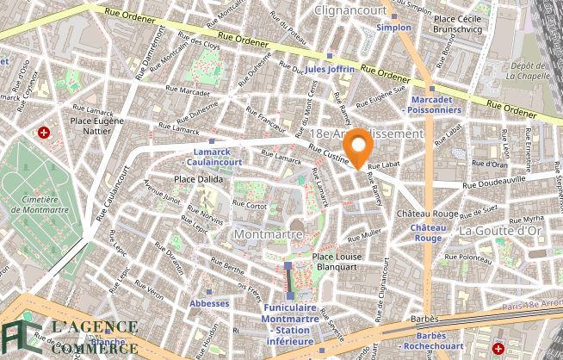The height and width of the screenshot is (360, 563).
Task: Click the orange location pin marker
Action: coord(356,145)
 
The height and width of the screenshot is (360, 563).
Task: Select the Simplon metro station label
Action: coord(394,28)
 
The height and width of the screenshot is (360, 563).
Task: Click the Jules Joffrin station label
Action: coord(329,68)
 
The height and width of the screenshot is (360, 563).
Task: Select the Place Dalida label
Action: coord(199,179)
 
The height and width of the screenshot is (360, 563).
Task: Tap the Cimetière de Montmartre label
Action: coord(34,206)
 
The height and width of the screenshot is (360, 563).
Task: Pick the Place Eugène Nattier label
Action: coord(97,127)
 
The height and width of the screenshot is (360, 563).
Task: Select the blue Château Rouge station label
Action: coord(428,233)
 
